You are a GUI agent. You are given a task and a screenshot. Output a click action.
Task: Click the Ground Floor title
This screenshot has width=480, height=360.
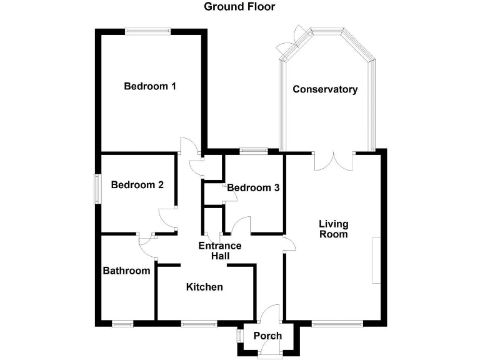(x=239, y=7)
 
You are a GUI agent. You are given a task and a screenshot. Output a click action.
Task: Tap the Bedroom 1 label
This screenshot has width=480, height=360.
(x=149, y=86)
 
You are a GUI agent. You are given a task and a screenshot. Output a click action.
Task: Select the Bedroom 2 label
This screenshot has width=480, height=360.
(x=137, y=185)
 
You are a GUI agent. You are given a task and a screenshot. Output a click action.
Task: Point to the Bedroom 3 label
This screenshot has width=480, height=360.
(x=252, y=187)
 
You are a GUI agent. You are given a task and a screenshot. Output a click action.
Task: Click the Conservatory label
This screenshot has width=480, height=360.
(x=325, y=89)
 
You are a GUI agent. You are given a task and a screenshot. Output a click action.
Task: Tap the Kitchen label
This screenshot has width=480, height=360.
(x=204, y=287)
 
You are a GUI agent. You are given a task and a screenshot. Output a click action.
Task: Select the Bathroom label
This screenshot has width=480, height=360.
(x=126, y=271)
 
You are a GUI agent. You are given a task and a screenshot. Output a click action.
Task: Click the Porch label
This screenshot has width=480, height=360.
(x=267, y=336)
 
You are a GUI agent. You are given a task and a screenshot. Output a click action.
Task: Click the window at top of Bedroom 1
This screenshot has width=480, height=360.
(x=147, y=31)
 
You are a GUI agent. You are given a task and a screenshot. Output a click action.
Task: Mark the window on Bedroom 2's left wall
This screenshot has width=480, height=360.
(x=97, y=188)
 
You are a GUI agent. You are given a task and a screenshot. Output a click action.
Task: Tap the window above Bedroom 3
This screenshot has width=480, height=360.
(x=253, y=150)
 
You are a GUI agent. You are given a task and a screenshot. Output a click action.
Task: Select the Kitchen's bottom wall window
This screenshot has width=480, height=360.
(x=199, y=324)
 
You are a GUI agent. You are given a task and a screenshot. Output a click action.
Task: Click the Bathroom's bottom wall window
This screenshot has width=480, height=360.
(x=122, y=324)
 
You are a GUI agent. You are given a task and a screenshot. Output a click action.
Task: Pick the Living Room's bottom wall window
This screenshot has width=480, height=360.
(x=337, y=324)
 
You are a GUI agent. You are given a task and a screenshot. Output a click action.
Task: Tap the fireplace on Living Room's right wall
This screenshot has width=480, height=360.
(x=376, y=259)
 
